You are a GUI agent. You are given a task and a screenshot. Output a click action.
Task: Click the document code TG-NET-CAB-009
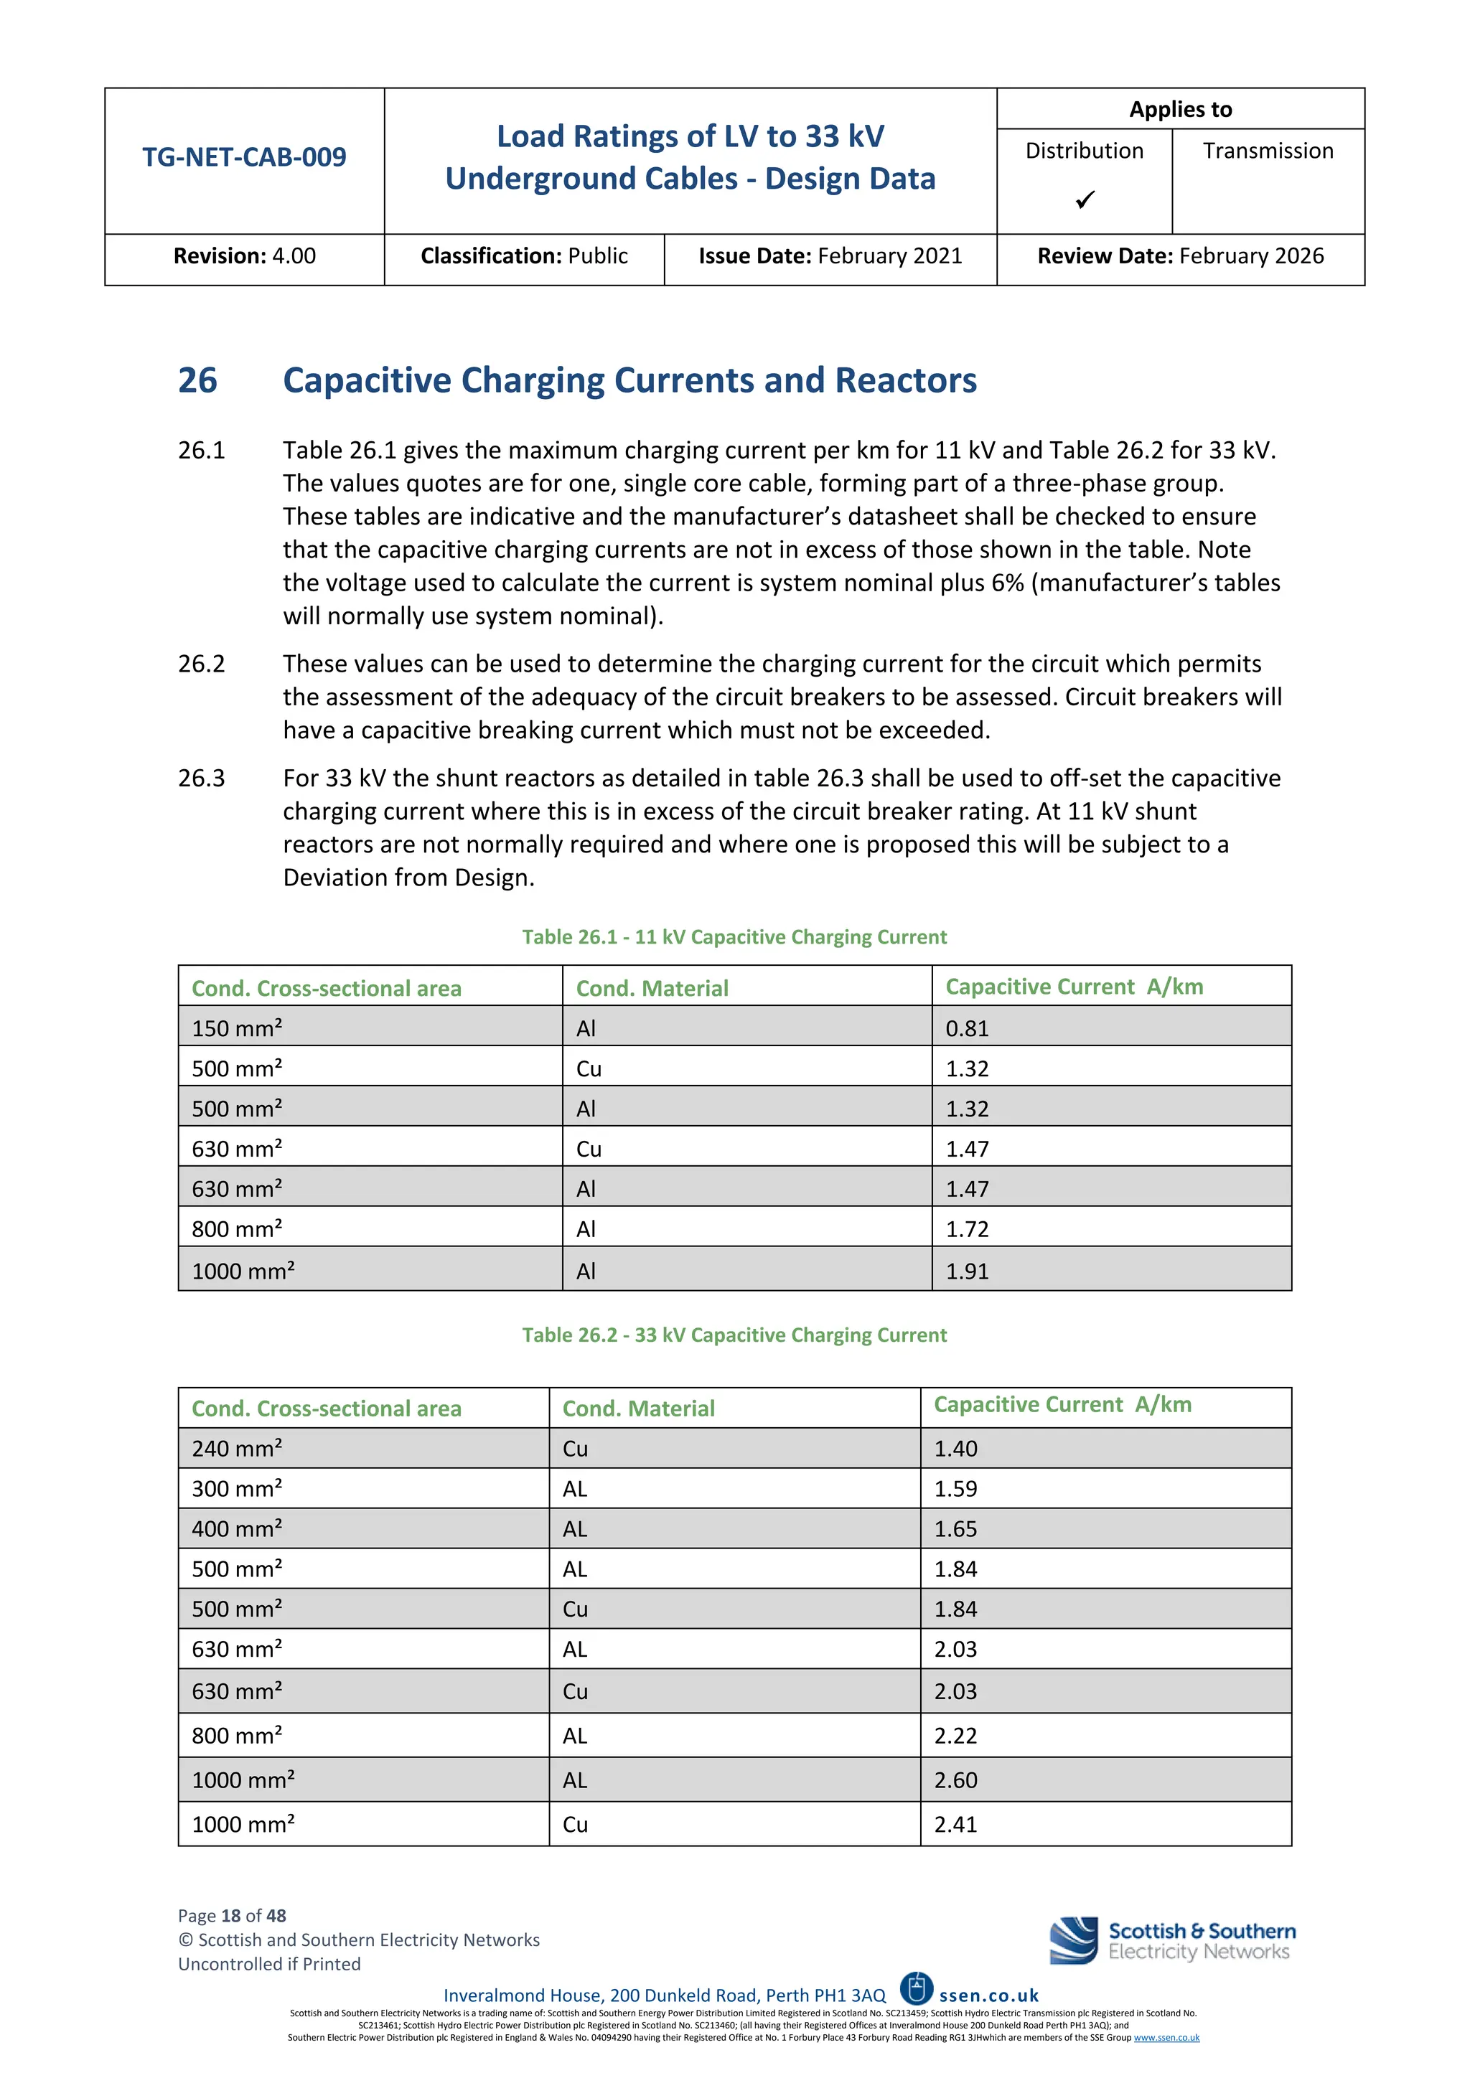point(243,157)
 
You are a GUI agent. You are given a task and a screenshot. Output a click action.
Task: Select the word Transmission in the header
point(1268,151)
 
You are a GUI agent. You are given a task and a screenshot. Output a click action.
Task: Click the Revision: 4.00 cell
point(244,256)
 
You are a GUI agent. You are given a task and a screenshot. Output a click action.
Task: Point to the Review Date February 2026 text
point(1180,256)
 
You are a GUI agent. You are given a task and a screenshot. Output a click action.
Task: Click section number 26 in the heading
point(197,380)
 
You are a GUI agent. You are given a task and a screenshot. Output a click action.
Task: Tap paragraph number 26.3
point(201,779)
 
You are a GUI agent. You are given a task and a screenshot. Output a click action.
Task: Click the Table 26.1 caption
point(734,936)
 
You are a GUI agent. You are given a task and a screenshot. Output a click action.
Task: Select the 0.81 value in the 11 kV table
point(967,1029)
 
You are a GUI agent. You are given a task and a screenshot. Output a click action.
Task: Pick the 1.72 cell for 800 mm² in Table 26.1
point(967,1230)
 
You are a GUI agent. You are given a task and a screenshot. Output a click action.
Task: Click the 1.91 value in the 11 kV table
point(967,1271)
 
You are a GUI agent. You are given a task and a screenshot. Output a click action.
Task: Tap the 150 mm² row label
point(237,1029)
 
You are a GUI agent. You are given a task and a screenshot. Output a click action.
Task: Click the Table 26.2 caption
point(734,1335)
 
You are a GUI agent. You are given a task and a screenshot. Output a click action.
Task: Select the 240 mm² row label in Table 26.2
point(237,1449)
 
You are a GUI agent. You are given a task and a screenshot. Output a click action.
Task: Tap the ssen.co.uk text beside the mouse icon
point(988,1995)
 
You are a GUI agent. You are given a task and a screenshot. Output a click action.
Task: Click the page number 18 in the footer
point(231,1916)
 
